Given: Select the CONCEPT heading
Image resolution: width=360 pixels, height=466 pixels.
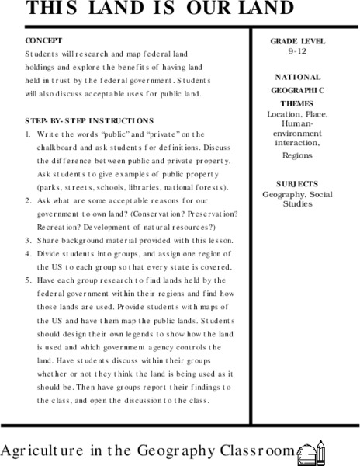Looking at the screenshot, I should point(43,40).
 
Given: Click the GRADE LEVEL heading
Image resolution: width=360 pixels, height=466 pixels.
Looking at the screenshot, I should point(299,40).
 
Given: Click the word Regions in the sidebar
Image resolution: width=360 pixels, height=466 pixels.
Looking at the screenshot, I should point(299,155).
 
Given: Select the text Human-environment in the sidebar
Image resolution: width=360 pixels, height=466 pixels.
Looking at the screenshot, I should point(299,127).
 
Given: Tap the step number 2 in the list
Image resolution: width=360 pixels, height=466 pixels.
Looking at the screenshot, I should point(27,200).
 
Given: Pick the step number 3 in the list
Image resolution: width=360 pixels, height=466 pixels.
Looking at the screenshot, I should point(27,240).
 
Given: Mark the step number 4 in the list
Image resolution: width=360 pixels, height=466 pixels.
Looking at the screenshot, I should point(27,253).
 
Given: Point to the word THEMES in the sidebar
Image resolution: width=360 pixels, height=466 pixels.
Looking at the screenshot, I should point(298,103).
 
